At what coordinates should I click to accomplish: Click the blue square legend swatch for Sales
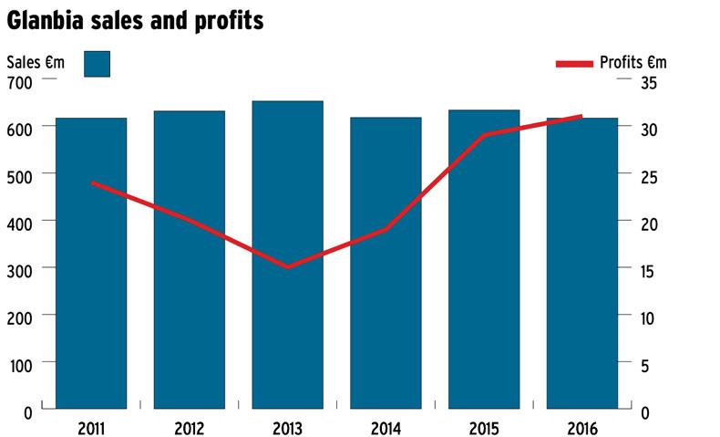click(x=97, y=64)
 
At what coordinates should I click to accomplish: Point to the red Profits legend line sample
click(x=574, y=64)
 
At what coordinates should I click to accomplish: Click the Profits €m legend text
click(x=633, y=63)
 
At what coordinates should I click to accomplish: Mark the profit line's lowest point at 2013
click(x=287, y=267)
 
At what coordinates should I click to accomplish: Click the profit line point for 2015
click(x=484, y=135)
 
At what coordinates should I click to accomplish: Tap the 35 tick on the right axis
click(x=649, y=82)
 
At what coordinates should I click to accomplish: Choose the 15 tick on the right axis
click(x=648, y=270)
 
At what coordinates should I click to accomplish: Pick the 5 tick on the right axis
click(x=645, y=365)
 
